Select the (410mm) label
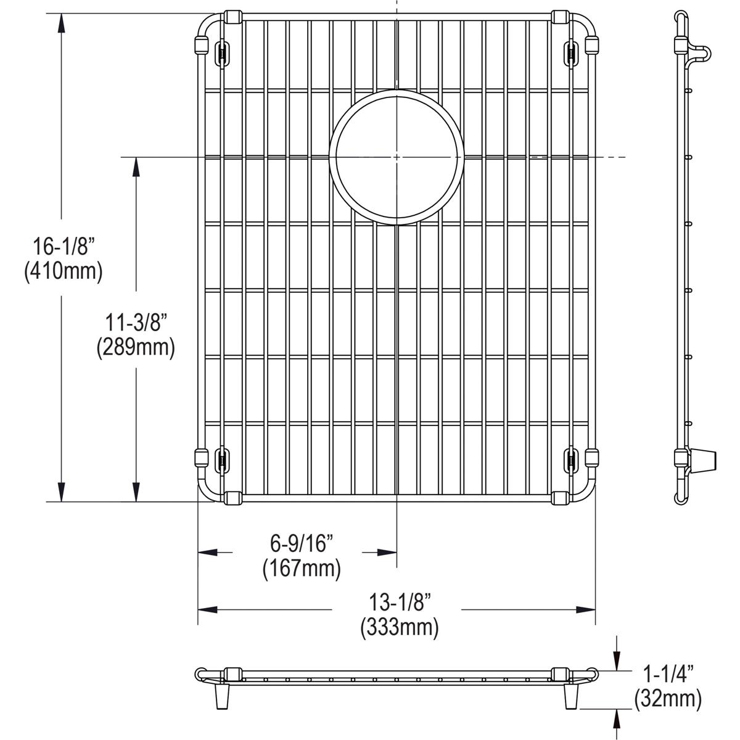63,271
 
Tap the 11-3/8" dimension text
136,323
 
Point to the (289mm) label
136,348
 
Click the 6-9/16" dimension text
302,544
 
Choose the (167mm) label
302,568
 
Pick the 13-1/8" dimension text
399,601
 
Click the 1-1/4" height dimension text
668,673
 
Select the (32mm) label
668,698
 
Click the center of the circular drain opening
396,157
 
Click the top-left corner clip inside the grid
221,53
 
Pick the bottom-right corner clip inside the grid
572,460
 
